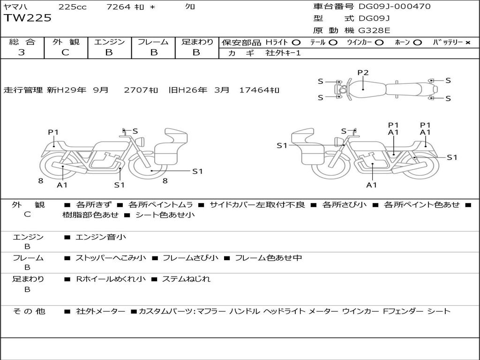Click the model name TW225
coord(28,18)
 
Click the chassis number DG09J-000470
coord(395,6)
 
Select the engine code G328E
coord(375,30)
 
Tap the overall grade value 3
coord(22,52)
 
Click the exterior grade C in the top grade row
coord(66,52)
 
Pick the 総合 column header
coord(22,42)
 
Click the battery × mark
coord(468,43)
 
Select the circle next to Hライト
coord(296,43)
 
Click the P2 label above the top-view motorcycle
coord(363,73)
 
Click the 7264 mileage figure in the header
coord(119,7)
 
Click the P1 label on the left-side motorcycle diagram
coord(53,132)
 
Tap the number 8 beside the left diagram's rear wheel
coord(41,181)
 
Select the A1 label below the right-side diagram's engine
coord(371,185)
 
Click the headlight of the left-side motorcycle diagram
coord(142,142)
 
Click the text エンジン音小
coord(101,237)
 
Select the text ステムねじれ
coord(186,279)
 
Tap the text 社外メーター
coord(100,311)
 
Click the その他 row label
coord(30,311)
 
